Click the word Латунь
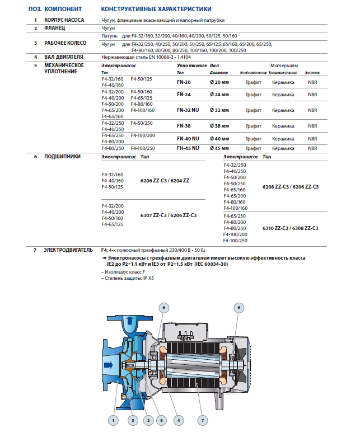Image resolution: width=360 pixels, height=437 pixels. point(110,35)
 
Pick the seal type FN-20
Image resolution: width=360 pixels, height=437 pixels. point(184,82)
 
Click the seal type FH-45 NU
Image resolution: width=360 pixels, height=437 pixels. point(187,148)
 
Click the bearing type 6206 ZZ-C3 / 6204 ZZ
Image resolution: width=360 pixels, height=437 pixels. point(165,181)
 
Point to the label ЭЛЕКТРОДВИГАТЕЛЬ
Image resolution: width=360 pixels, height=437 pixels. point(65,250)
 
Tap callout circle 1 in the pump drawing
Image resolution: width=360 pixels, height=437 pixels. point(113,420)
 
